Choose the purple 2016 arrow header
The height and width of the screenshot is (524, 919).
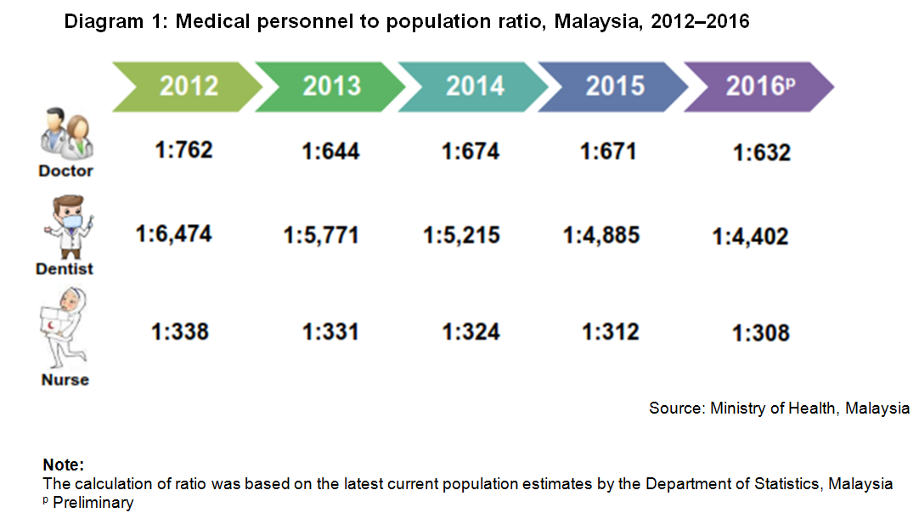(756, 86)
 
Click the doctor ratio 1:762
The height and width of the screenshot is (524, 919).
(183, 151)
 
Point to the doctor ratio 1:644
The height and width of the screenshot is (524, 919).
(330, 152)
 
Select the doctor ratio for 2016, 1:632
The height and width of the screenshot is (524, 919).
(762, 153)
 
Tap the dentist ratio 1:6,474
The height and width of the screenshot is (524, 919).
(174, 233)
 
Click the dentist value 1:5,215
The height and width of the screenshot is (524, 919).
(462, 234)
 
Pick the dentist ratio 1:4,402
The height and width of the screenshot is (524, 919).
(751, 236)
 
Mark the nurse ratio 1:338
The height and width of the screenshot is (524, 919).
(180, 330)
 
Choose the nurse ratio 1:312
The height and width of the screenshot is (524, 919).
(611, 331)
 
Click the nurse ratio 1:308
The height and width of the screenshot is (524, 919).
(761, 333)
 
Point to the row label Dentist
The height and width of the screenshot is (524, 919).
(65, 269)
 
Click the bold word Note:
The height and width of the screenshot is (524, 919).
(63, 465)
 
